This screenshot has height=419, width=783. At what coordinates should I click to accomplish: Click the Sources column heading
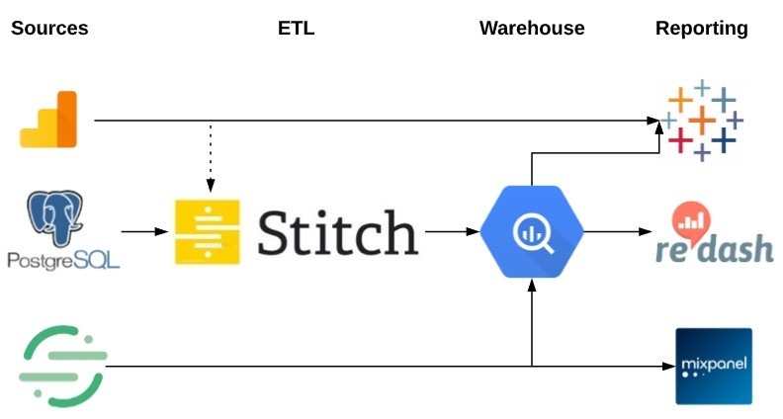49,28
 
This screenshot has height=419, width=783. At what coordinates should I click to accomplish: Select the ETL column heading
296,28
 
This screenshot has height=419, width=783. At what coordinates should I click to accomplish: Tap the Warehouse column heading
532,28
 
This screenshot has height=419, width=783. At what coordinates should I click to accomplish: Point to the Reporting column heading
702,28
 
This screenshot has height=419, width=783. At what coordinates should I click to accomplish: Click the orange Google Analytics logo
48,120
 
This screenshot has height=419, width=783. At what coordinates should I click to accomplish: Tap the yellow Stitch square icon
208,232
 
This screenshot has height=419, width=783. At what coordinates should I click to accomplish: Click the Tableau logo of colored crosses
702,120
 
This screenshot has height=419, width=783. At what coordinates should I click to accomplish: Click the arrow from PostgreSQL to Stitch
144,232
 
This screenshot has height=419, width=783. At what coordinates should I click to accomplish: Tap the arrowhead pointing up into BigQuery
532,285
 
